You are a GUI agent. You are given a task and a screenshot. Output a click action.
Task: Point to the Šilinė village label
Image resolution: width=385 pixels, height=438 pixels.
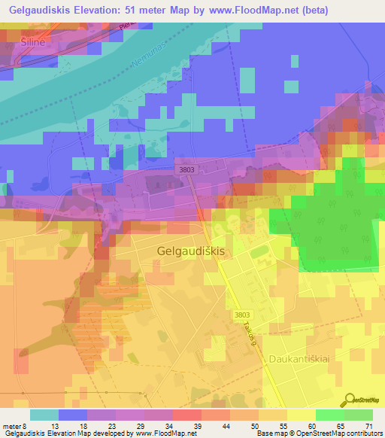point(29,43)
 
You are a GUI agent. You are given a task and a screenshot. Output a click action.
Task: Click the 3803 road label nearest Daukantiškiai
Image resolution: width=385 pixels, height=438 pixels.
point(262,314)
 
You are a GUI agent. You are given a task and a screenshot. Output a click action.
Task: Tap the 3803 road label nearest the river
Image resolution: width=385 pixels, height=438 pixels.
point(186,171)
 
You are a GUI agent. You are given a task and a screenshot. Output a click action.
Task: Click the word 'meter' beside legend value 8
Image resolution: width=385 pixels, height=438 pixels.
point(12,426)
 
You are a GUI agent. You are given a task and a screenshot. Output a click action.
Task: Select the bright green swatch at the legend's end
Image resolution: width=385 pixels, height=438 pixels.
point(358,415)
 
